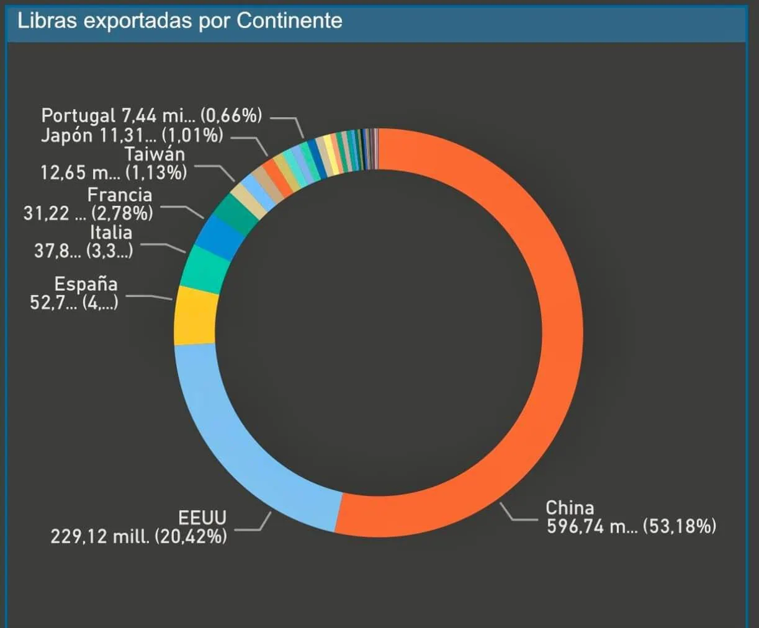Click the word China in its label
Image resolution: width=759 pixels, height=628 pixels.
(569, 508)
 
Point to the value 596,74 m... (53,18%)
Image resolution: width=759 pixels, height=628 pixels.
(631, 527)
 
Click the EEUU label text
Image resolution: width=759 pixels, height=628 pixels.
(202, 517)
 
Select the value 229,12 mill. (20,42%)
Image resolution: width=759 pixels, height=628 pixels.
(138, 536)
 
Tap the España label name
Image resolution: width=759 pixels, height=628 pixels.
(86, 284)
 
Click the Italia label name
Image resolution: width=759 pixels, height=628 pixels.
(110, 232)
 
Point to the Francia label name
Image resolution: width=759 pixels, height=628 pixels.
(119, 195)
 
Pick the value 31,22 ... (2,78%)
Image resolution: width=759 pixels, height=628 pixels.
(88, 213)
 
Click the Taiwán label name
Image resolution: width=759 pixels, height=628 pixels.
(155, 154)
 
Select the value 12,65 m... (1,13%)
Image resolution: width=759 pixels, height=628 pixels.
(114, 172)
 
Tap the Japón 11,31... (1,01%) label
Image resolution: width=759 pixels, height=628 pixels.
(132, 135)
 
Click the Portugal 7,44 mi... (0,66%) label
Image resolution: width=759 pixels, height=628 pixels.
(151, 115)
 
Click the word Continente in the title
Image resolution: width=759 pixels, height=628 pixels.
(289, 20)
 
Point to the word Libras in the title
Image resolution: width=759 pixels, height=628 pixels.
(47, 20)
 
